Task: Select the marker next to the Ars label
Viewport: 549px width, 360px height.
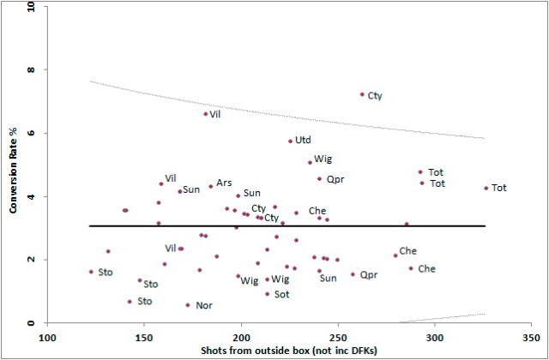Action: [211, 186]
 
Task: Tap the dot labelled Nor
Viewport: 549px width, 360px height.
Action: [188, 305]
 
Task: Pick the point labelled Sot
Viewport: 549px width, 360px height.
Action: [267, 294]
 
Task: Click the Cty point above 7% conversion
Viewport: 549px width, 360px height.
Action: [362, 94]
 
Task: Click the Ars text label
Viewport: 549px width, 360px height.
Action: [225, 183]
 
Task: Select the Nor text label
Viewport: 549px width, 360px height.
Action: [204, 305]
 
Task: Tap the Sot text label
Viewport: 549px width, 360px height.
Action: [281, 294]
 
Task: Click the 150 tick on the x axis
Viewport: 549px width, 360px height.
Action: [144, 337]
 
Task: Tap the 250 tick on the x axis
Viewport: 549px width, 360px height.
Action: [337, 337]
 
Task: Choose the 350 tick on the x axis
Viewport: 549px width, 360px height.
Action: [530, 337]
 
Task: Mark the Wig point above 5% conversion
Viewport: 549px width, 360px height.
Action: [310, 162]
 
